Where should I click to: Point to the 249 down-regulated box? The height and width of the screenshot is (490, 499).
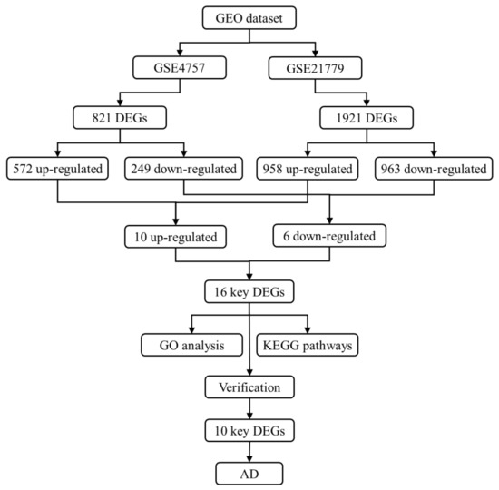[185, 168]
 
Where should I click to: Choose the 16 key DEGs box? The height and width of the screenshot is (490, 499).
[249, 293]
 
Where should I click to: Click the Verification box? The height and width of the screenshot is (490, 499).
[249, 387]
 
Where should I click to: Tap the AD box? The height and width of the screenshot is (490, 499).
[249, 475]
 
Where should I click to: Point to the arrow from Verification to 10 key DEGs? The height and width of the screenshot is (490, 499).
[249, 409]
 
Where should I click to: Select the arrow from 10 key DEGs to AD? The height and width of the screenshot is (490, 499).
[249, 453]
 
